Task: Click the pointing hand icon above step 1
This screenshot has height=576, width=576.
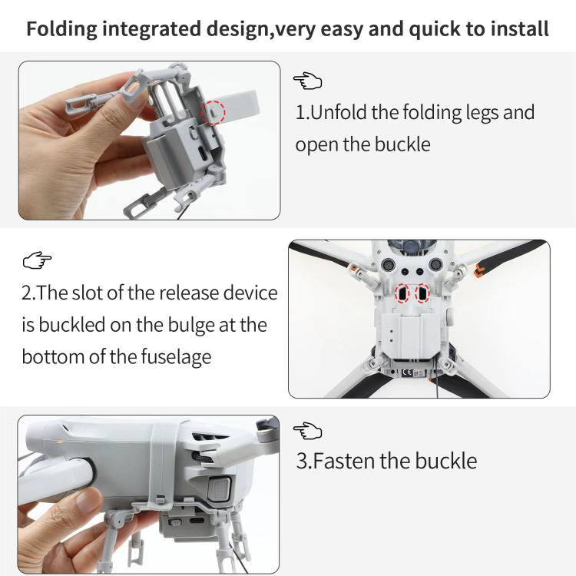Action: click(x=307, y=81)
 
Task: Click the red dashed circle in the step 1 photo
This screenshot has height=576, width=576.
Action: click(x=213, y=112)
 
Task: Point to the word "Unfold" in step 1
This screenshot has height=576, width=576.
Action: click(x=337, y=112)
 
